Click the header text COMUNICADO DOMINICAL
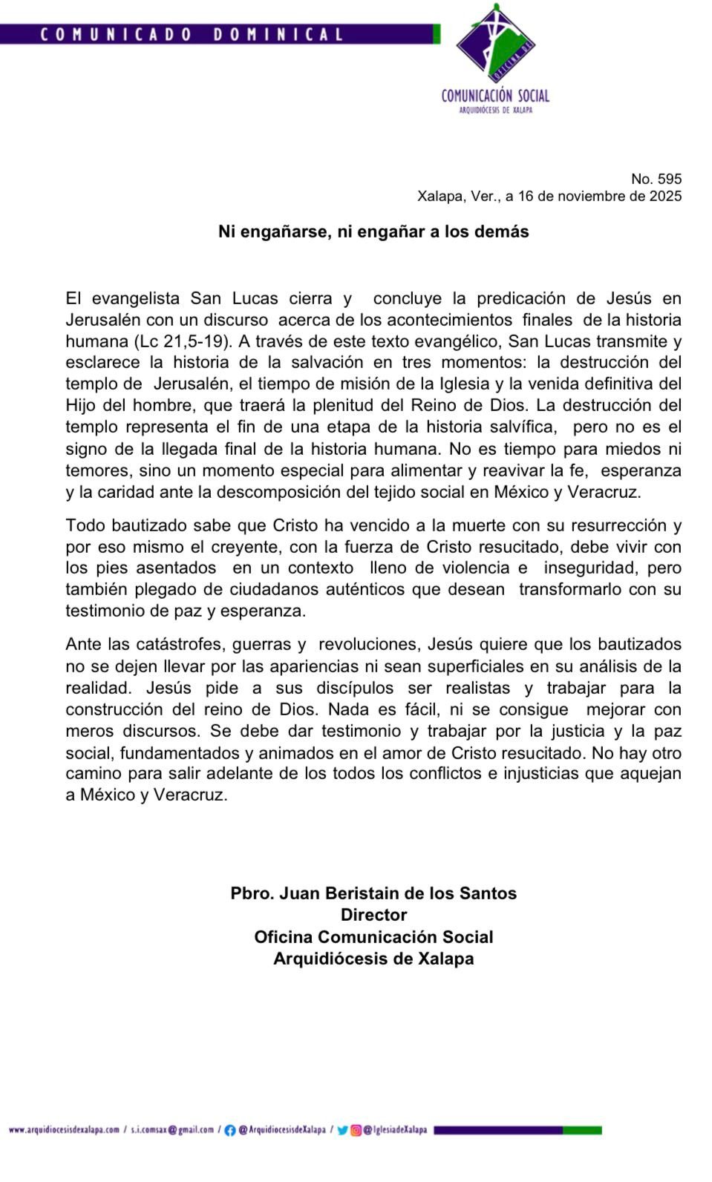(191, 34)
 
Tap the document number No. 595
(656, 179)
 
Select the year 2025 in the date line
(664, 197)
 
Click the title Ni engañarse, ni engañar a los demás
(373, 232)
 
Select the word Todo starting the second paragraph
(85, 525)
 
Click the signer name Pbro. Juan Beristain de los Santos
(373, 893)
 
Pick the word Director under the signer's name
(373, 915)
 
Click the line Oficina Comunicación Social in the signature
(373, 936)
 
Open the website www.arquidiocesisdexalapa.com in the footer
(64, 1130)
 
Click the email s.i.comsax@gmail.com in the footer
(172, 1130)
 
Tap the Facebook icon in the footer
(230, 1130)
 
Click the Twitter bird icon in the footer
(342, 1130)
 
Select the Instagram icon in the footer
(356, 1130)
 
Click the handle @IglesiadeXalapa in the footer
(395, 1130)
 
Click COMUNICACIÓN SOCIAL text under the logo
(495, 96)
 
